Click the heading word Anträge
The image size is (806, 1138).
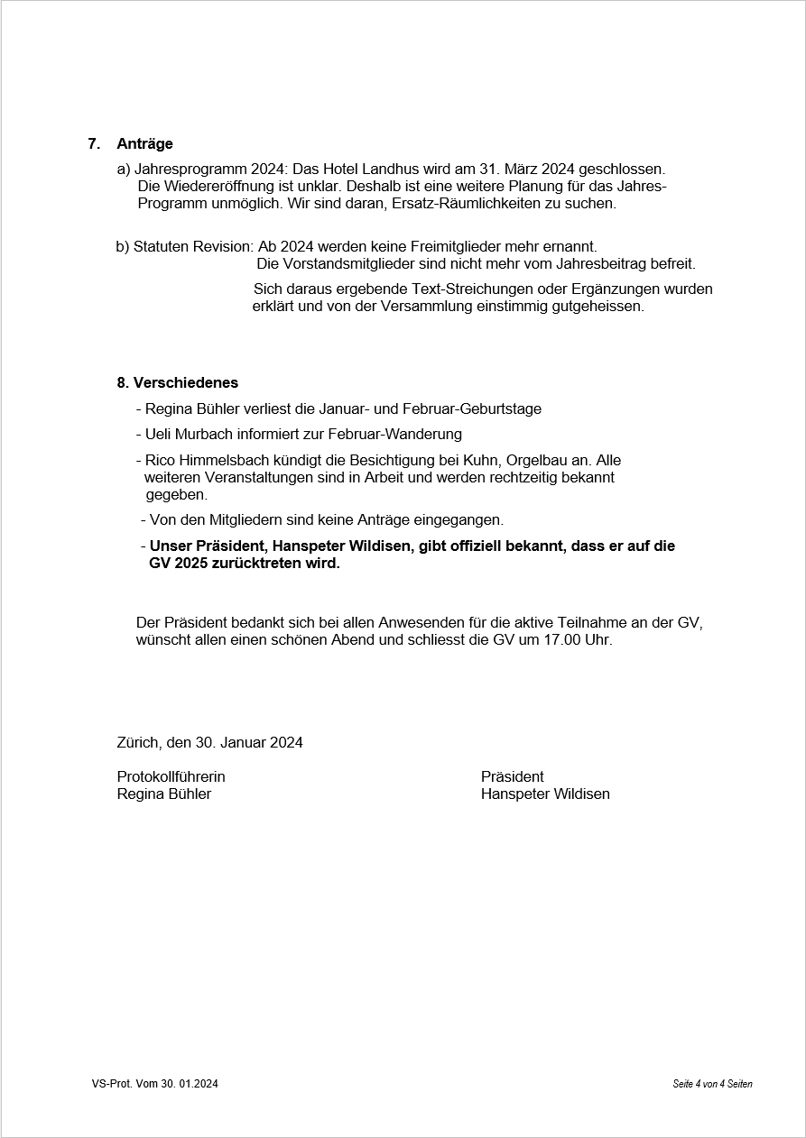pos(144,143)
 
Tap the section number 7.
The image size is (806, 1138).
pos(93,143)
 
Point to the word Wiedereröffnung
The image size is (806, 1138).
pos(193,186)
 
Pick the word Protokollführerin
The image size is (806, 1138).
pos(171,776)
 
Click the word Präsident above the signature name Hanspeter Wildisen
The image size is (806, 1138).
pos(513,776)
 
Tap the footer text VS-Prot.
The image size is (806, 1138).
pos(111,1084)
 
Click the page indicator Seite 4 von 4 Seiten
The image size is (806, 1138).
pos(712,1084)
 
